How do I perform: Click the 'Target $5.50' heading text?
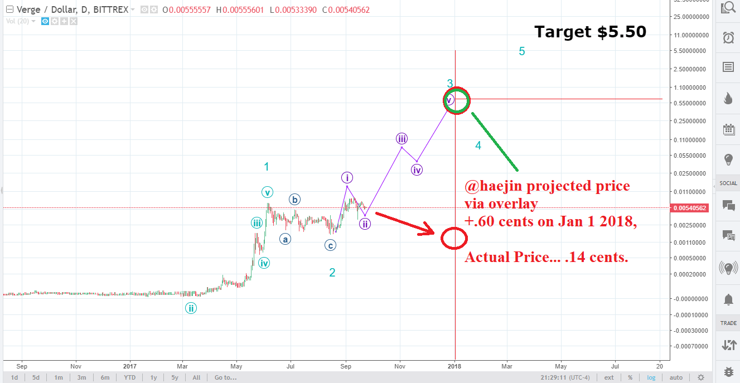[x=590, y=32]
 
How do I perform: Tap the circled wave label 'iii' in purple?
[x=402, y=138]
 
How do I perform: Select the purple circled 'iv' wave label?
[x=417, y=169]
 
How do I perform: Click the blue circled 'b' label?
[x=294, y=199]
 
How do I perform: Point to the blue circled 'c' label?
[x=331, y=245]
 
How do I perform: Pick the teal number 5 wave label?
[x=522, y=51]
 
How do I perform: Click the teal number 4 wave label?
[x=478, y=146]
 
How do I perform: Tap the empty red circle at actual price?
[x=454, y=238]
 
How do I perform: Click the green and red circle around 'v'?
[x=456, y=100]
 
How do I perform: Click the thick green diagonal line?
[x=495, y=142]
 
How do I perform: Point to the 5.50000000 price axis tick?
[x=690, y=51]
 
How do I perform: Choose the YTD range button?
[x=129, y=377]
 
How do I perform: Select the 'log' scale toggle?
[x=651, y=377]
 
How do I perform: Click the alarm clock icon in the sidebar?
[x=728, y=37]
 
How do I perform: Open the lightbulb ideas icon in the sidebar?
[x=728, y=159]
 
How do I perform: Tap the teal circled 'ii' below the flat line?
[x=191, y=308]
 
